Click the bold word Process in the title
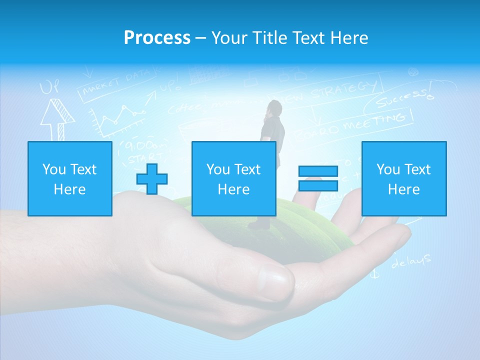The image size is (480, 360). pos(157,38)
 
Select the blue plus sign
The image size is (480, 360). pos(152,179)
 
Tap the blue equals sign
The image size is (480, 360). pos(318,178)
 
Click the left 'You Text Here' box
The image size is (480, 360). pos(69,178)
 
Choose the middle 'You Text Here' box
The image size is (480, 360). pos(233,178)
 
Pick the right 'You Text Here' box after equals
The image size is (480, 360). pos(403,178)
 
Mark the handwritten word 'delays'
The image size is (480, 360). pos(410,260)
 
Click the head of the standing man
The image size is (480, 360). pos(273,107)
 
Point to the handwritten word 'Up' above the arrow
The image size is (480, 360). pos(49,88)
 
